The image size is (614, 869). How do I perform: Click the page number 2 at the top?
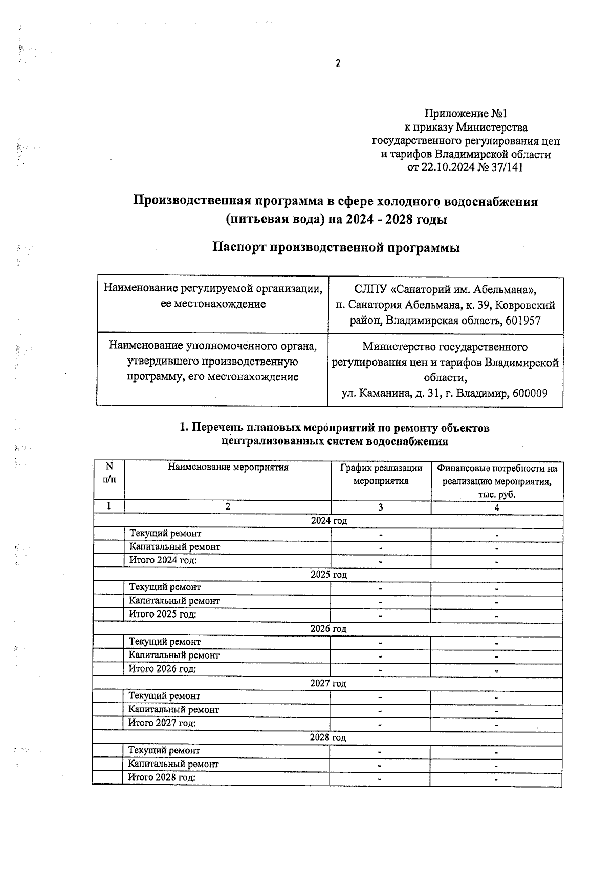click(x=338, y=63)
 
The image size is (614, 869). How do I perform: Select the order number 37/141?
click(x=507, y=167)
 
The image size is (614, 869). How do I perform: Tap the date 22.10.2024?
click(x=446, y=167)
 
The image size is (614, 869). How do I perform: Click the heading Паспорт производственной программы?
click(x=336, y=248)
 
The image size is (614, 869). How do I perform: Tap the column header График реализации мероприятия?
click(x=381, y=475)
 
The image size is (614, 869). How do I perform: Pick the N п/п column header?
click(x=109, y=473)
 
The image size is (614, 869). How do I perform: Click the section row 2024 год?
click(x=329, y=521)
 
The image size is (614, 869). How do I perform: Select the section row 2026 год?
click(x=328, y=629)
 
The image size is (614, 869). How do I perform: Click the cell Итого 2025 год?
click(x=163, y=614)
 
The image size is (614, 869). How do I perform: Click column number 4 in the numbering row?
click(x=496, y=507)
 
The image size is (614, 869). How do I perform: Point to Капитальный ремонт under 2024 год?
click(x=174, y=547)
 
